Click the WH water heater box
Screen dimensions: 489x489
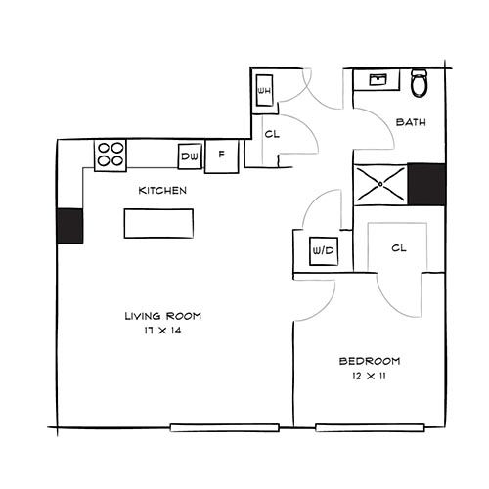(264, 90)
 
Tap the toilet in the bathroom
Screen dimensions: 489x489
(419, 82)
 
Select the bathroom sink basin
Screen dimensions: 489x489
(378, 79)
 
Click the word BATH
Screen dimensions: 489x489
(411, 122)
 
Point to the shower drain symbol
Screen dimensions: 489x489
(380, 184)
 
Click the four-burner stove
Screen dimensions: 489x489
(111, 156)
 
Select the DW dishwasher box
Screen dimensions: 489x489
(190, 156)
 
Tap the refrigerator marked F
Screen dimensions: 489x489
(222, 156)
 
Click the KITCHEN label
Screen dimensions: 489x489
(162, 191)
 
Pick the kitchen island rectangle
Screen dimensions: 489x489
(158, 224)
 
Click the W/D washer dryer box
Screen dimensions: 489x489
(324, 251)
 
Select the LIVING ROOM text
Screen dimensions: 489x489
(163, 316)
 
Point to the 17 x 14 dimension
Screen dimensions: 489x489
(162, 331)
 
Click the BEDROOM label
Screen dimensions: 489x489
(370, 361)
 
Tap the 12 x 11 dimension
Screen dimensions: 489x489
(369, 376)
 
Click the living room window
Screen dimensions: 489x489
(225, 427)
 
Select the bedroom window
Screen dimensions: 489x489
(370, 427)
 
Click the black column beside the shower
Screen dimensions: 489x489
(426, 185)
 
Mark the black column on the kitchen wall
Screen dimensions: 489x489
(69, 226)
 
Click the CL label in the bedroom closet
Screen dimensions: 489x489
(399, 248)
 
